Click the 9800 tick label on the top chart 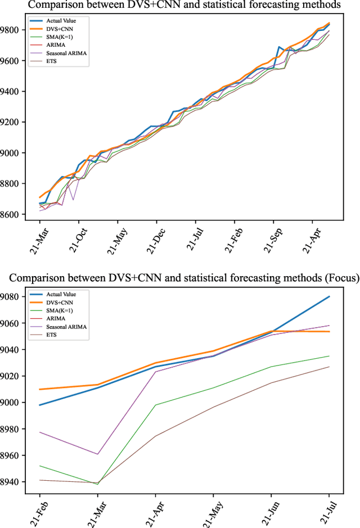(12, 30)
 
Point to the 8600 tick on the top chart (12, 215)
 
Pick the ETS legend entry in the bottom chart (55, 335)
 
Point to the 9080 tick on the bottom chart (12, 297)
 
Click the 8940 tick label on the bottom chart (12, 482)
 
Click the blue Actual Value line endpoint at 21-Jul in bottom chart (329, 296)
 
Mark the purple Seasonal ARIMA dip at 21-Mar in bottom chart (98, 454)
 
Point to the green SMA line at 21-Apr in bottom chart (156, 405)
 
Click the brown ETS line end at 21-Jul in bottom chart (329, 367)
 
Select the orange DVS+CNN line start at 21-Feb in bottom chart (40, 389)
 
